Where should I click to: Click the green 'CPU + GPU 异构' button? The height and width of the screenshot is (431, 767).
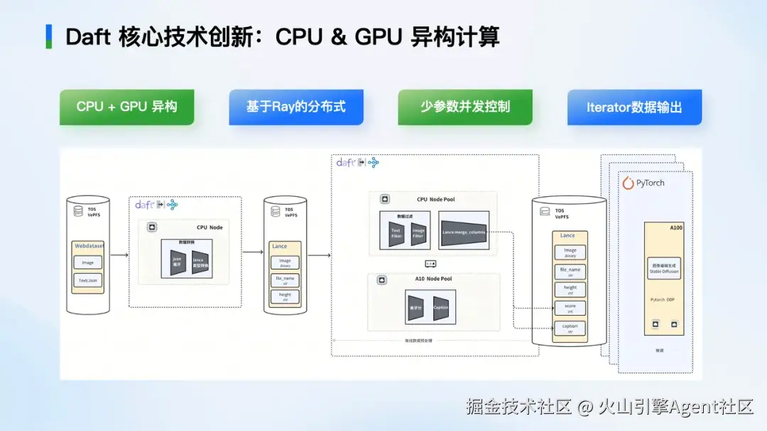coord(126,107)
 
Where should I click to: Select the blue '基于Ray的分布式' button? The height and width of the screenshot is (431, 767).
coord(295,107)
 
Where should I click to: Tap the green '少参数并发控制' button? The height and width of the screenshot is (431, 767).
coord(464,107)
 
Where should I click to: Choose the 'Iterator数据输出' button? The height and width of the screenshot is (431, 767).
coord(634,107)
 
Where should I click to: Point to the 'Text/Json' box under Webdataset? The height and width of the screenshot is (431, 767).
coord(87,280)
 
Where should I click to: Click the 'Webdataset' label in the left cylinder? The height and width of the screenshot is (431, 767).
coord(87,246)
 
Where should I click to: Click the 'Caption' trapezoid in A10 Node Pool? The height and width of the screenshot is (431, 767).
coord(440,308)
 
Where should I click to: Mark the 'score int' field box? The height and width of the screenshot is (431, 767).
coord(570,308)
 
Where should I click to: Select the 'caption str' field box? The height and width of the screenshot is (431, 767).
coord(570,328)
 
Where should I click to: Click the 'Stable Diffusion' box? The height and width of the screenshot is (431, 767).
coord(663,268)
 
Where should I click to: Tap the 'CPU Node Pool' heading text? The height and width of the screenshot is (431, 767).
coord(435,199)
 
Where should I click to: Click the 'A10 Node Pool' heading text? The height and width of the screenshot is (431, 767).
coord(433,279)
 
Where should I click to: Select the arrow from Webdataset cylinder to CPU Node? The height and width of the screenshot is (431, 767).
coord(119,254)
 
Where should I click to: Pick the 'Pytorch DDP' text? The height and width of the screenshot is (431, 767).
coord(664,299)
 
